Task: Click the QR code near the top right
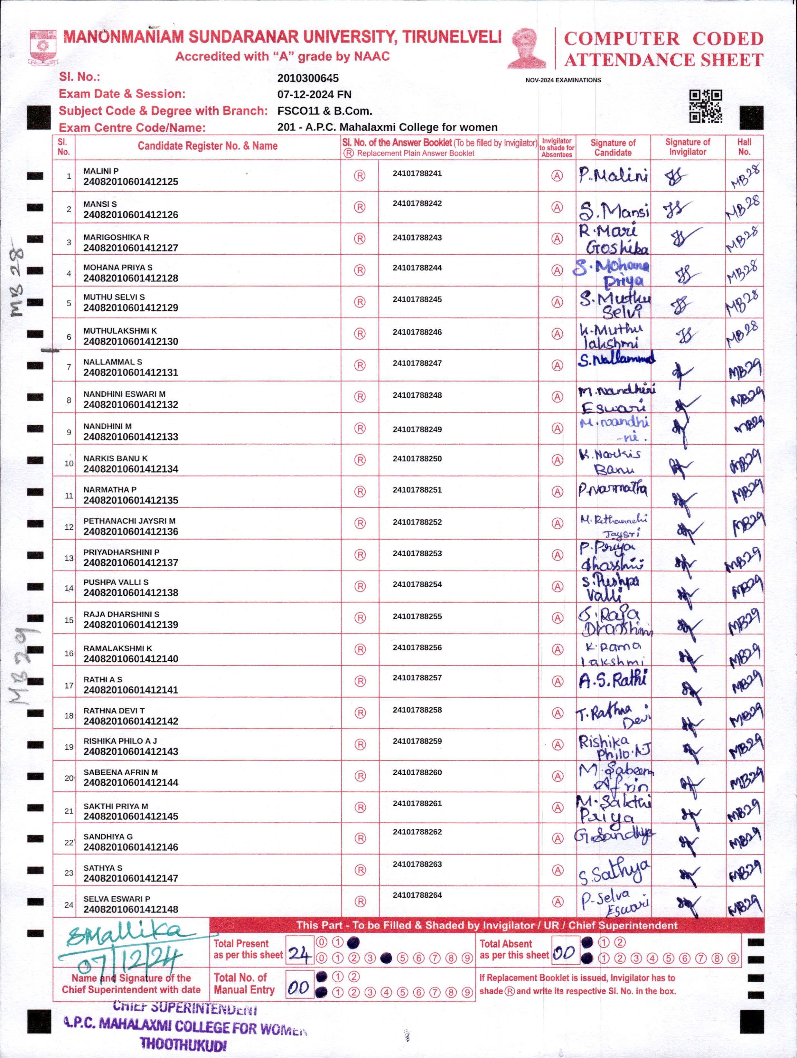tap(705, 106)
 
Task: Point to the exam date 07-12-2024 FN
tap(314, 95)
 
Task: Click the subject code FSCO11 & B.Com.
tap(325, 111)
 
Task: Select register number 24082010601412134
tap(130, 469)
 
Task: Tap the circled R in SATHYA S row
tap(360, 870)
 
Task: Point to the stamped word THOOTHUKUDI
tap(183, 1044)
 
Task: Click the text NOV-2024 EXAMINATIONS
tap(563, 80)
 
